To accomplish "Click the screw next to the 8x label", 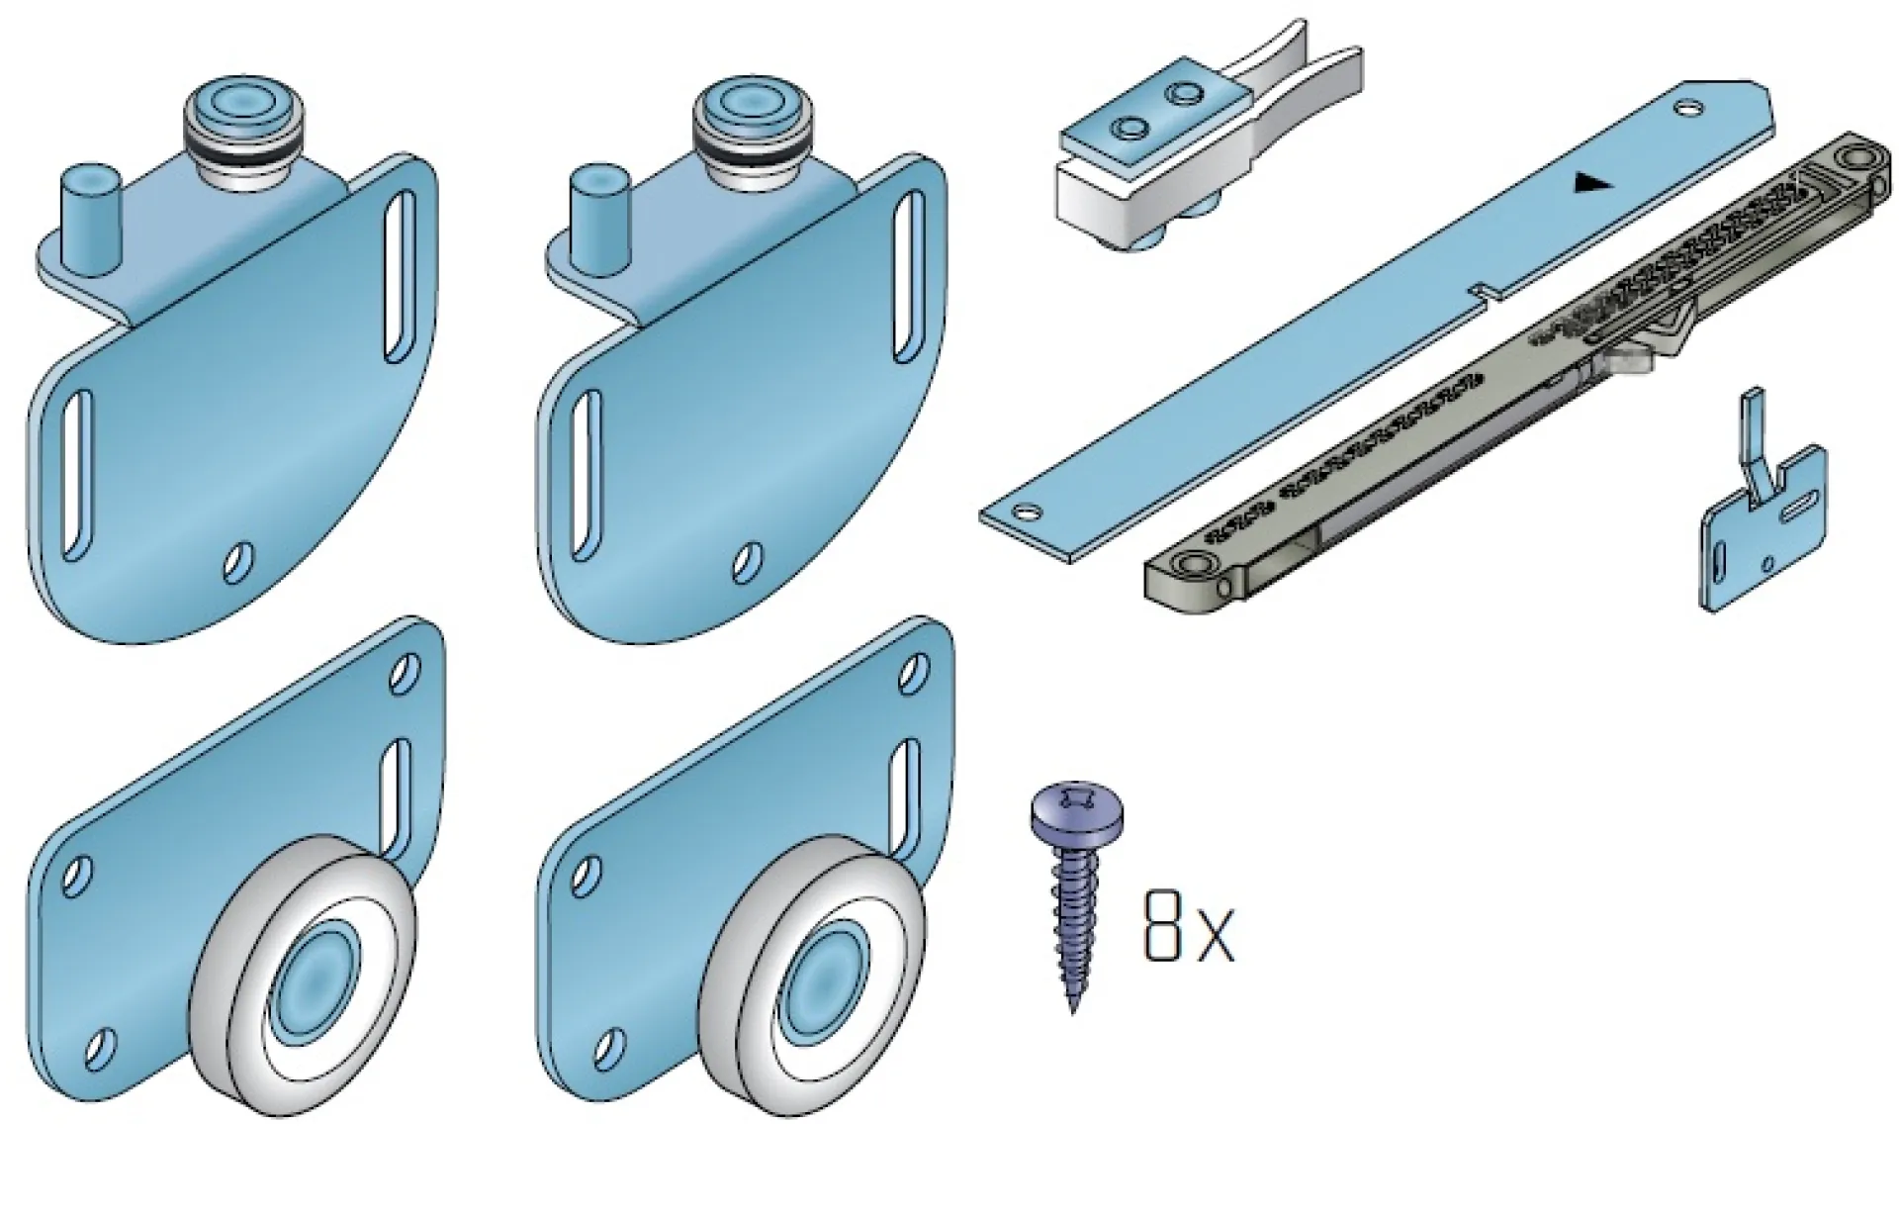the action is click(x=1074, y=895).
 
